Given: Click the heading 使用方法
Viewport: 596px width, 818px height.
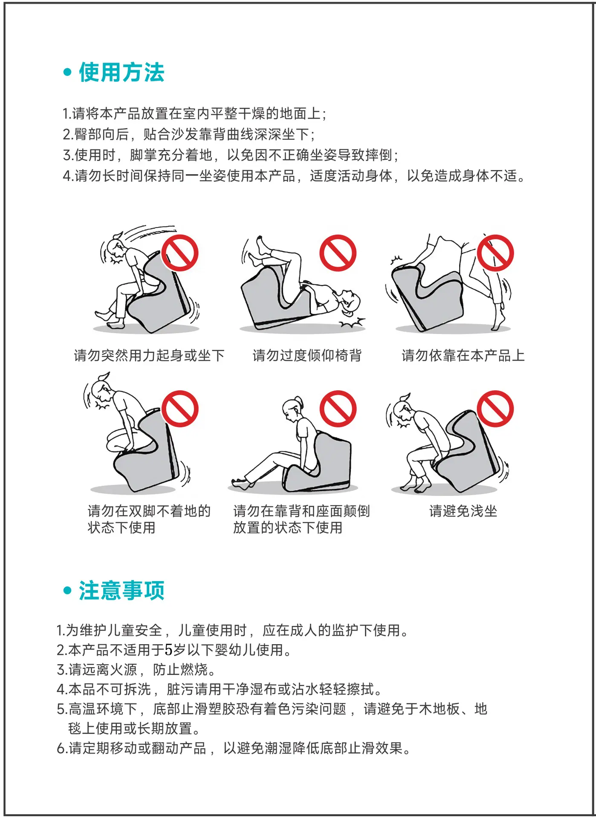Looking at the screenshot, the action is click(x=122, y=72).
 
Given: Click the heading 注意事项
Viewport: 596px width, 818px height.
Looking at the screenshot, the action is click(x=122, y=590).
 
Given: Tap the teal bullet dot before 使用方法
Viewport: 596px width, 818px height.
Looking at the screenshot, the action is click(x=67, y=72).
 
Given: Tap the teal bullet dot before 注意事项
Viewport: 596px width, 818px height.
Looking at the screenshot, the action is click(x=67, y=590).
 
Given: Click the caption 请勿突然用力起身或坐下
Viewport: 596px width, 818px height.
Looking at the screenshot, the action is click(x=149, y=355).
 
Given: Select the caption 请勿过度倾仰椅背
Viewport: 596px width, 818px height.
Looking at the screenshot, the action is click(x=307, y=355).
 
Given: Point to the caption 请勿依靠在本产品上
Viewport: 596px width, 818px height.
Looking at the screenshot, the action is click(x=463, y=355).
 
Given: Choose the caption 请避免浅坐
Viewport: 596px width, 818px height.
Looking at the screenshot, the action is click(x=463, y=511).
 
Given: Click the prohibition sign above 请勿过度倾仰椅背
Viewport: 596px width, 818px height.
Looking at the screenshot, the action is click(x=338, y=253).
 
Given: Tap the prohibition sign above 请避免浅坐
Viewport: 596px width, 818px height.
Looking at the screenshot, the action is click(x=495, y=409).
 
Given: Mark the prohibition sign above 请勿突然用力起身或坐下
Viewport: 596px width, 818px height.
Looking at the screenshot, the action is click(x=180, y=253).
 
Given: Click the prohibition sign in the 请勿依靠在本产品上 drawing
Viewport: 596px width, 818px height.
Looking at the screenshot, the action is click(x=495, y=253).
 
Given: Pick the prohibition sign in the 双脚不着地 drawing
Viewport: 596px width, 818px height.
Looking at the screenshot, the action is click(x=180, y=409).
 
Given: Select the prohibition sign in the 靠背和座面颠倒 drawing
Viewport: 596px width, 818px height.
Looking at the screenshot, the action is click(x=338, y=409).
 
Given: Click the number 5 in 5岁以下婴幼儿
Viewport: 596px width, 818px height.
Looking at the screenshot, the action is click(x=169, y=650).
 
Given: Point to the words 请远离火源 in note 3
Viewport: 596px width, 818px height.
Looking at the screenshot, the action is click(x=103, y=669).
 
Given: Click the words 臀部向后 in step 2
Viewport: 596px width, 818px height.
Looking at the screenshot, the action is click(x=101, y=134).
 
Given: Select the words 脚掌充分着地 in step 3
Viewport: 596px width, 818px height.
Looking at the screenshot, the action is click(x=171, y=155).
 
